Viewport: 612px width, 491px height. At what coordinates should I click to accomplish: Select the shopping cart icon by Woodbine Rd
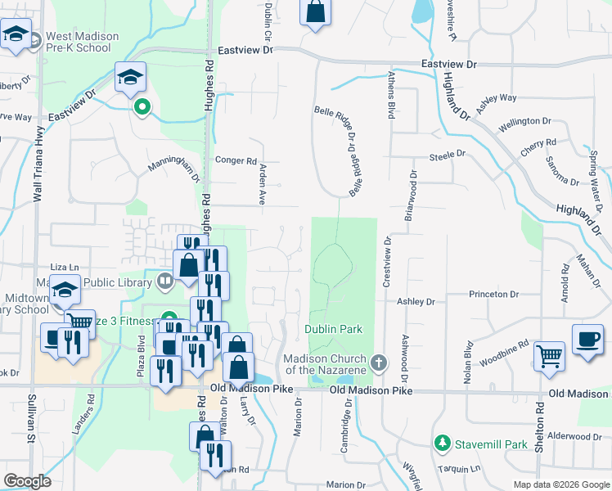pyautogui.click(x=549, y=355)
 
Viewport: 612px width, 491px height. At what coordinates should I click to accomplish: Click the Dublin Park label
pyautogui.click(x=333, y=329)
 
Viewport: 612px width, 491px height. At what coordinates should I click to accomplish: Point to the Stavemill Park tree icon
pyautogui.click(x=443, y=443)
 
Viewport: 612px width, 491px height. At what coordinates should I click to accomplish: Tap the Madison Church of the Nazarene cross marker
pyautogui.click(x=378, y=361)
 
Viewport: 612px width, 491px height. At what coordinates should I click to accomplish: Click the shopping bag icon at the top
pyautogui.click(x=315, y=12)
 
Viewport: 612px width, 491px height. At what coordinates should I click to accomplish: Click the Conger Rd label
pyautogui.click(x=236, y=161)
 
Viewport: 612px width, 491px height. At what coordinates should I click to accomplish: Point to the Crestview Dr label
pyautogui.click(x=386, y=262)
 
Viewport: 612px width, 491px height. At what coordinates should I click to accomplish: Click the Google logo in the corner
pyautogui.click(x=27, y=481)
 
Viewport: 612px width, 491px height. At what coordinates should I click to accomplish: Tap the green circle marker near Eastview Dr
pyautogui.click(x=142, y=106)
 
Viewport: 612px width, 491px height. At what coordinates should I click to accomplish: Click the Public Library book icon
pyautogui.click(x=166, y=282)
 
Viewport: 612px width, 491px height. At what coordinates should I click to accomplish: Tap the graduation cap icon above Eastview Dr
pyautogui.click(x=130, y=77)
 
